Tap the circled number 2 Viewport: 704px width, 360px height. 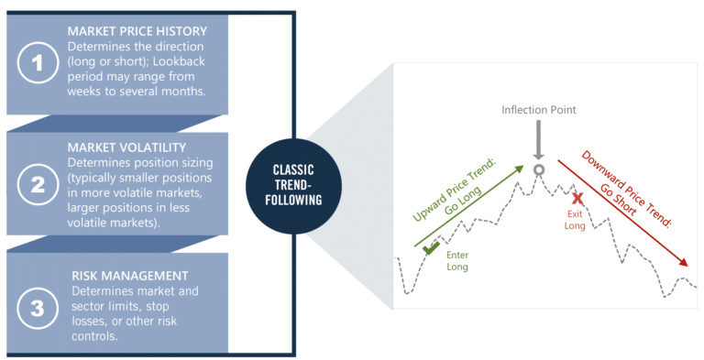coord(37,184)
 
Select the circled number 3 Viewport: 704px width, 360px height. coord(37,308)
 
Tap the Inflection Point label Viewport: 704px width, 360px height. coord(539,110)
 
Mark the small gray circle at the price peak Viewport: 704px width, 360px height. coord(539,169)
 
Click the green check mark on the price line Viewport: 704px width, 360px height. coord(429,245)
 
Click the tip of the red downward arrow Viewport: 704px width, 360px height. coord(688,267)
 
